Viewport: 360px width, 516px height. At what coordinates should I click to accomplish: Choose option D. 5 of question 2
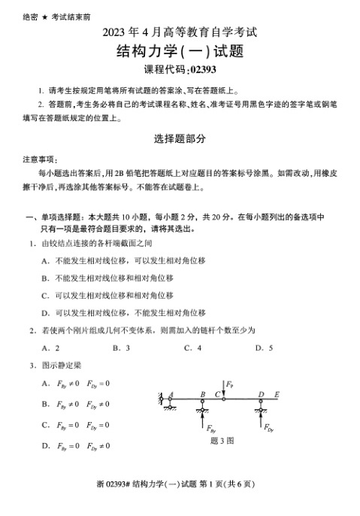pos(264,348)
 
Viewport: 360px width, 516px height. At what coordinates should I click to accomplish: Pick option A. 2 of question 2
pos(51,348)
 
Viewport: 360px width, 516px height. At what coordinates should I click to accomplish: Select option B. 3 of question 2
pos(121,348)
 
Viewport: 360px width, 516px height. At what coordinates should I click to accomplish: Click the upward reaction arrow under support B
pos(203,418)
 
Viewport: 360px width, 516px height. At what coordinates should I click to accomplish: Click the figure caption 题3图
pos(223,441)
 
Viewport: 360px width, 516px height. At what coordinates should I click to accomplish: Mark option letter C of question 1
pos(45,295)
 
